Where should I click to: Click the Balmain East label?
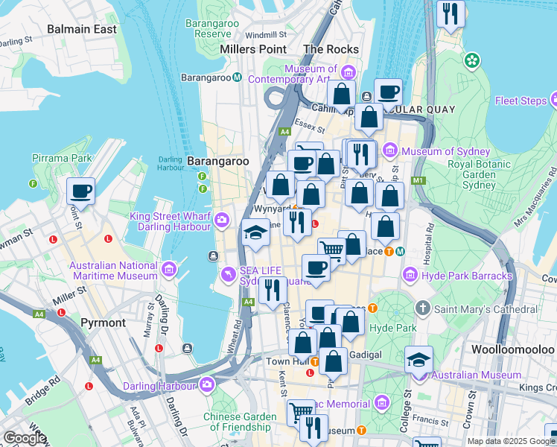(81, 29)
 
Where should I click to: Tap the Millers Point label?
(253, 49)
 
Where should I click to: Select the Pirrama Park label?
(62, 158)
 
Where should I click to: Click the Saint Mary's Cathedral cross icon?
(423, 308)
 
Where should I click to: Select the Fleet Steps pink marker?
(553, 100)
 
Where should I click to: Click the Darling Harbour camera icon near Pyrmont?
(206, 384)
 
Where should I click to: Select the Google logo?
(25, 438)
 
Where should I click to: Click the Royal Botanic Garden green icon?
(471, 60)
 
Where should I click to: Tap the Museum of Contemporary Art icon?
(348, 73)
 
